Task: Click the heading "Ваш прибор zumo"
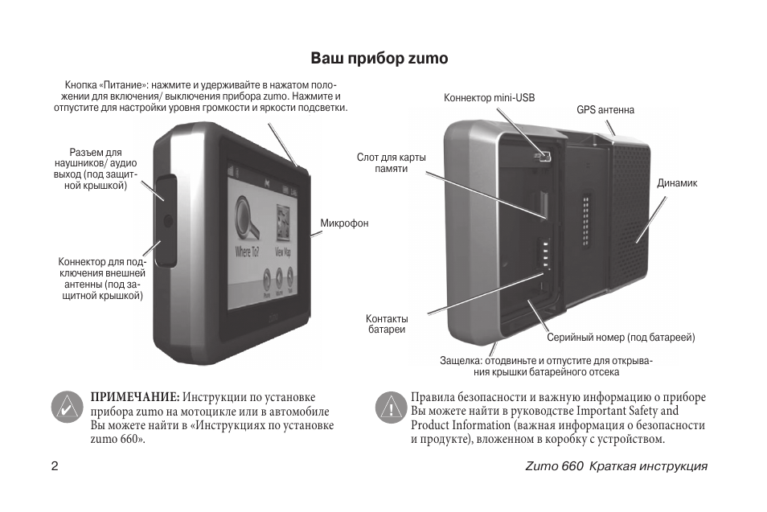click(x=379, y=58)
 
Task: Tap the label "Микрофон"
click(x=344, y=223)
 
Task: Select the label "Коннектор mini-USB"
click(x=489, y=98)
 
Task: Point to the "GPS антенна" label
click(x=605, y=110)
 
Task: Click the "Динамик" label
click(x=677, y=183)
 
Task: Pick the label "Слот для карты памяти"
click(x=392, y=163)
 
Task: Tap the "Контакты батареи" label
click(x=387, y=324)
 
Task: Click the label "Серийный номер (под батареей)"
click(x=621, y=338)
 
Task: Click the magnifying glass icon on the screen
click(x=247, y=219)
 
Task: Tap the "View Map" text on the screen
click(x=283, y=252)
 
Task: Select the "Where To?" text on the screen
click(x=247, y=252)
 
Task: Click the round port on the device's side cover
click(x=168, y=220)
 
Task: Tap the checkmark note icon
click(x=67, y=408)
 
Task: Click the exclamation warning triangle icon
click(x=392, y=408)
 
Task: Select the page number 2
click(x=55, y=466)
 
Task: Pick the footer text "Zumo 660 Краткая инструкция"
click(x=617, y=466)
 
